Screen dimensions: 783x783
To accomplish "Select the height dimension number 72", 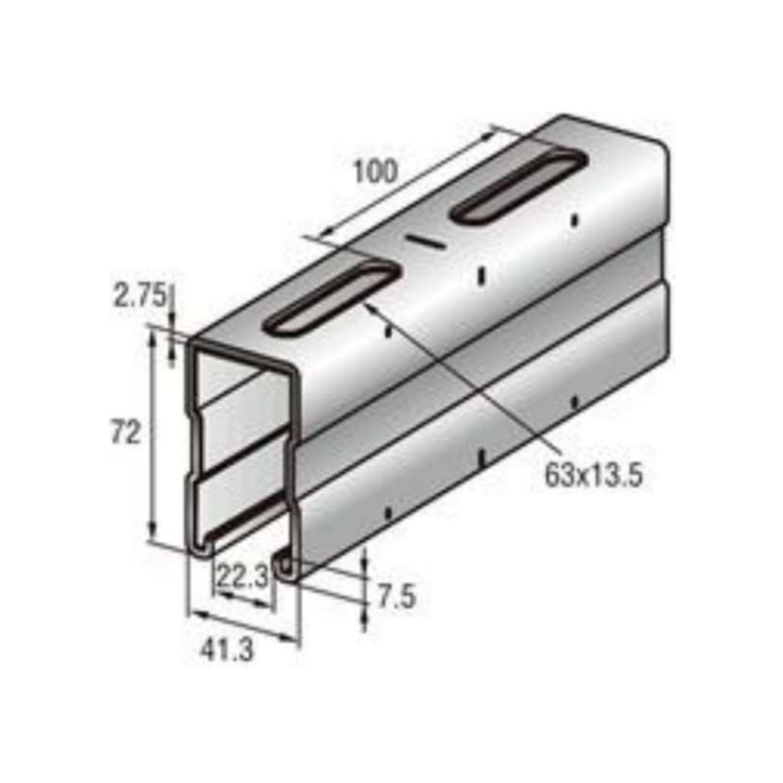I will click(126, 432).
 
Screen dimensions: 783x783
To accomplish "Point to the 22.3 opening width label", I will click(242, 577).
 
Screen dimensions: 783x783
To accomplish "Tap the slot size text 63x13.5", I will click(594, 477).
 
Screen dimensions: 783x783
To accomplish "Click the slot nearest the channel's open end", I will click(332, 299).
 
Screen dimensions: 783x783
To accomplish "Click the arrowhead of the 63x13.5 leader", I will click(371, 308).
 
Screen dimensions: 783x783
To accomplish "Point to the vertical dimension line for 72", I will click(152, 436).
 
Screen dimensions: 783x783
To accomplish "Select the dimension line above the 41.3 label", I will click(244, 628).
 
